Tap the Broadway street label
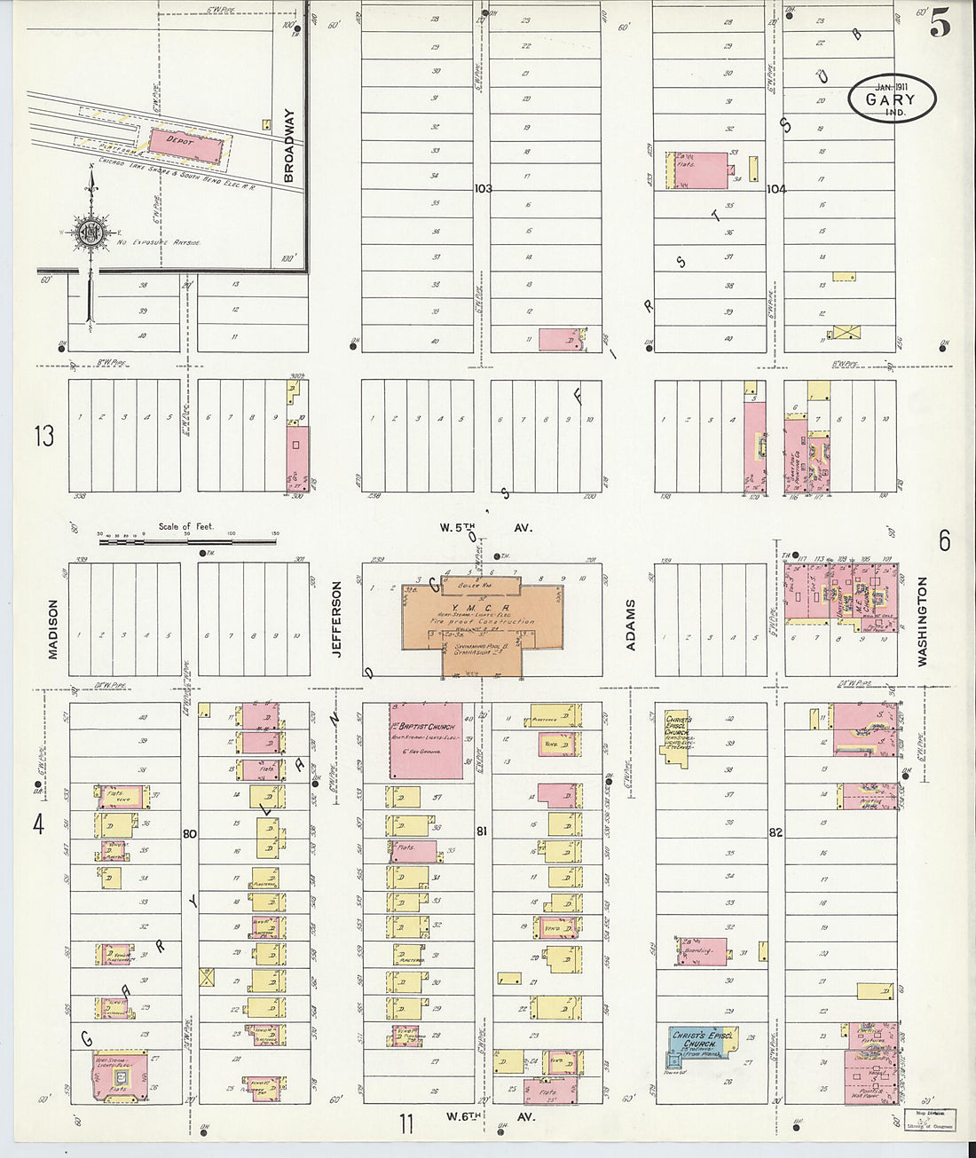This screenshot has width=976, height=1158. [x=288, y=146]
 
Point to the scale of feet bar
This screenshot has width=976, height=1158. [x=186, y=540]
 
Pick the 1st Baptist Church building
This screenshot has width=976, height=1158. [x=426, y=741]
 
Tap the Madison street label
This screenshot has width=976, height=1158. [x=52, y=629]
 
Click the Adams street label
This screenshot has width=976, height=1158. [x=631, y=625]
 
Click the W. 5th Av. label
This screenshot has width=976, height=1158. [x=486, y=527]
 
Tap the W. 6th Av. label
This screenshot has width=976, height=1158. [x=489, y=1116]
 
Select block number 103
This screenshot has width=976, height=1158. [x=482, y=188]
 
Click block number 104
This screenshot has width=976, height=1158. [x=776, y=188]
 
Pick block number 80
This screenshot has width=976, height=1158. [x=189, y=833]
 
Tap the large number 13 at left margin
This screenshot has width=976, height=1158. [x=43, y=436]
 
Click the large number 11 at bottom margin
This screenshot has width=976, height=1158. [x=405, y=1124]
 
